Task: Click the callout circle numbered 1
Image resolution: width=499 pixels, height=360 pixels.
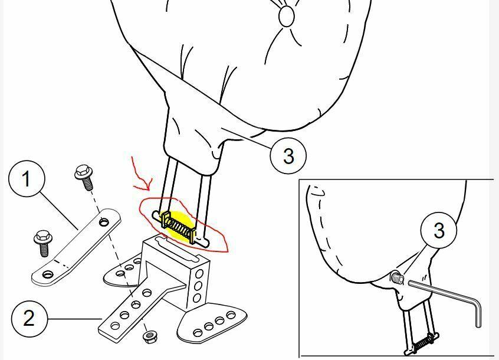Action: point(27,179)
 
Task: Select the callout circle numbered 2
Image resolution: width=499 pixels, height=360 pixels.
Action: point(29,318)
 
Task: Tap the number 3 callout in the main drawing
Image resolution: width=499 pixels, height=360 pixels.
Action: point(288,156)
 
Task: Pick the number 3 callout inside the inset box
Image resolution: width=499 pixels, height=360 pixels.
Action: point(438,230)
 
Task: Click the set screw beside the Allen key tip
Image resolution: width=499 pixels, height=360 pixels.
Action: point(397,277)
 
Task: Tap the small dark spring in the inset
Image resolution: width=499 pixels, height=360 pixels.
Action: point(422,343)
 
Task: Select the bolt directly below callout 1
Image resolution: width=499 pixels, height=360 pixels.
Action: point(43,244)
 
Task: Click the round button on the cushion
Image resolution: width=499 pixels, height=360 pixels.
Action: point(287,16)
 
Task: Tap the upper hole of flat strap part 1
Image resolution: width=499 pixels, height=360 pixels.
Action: point(103,221)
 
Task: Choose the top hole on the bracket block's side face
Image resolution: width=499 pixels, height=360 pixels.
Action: point(200,273)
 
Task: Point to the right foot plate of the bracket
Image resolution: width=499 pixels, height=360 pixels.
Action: point(211,323)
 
